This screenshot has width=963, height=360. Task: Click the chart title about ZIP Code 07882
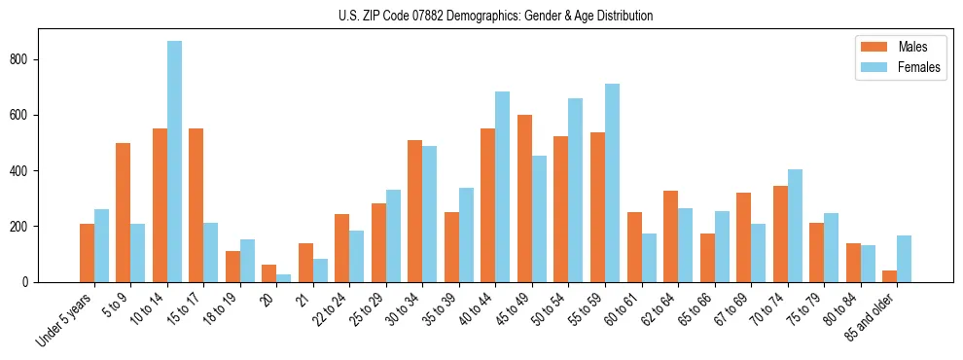tap(481, 16)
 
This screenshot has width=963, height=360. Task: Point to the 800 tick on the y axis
tap(26, 59)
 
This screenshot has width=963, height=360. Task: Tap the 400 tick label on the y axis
tap(26, 171)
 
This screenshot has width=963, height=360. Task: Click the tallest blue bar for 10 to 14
tap(174, 162)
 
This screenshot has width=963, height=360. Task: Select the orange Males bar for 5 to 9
tap(124, 212)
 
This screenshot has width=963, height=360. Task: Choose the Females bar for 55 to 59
tap(613, 183)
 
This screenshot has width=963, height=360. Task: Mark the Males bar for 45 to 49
tap(525, 198)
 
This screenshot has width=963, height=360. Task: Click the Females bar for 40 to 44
tap(503, 187)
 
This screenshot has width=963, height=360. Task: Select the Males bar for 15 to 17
tap(196, 205)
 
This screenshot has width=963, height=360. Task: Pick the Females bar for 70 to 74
tap(796, 226)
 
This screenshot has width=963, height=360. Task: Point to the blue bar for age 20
tap(284, 278)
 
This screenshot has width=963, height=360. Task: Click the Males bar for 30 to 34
tap(415, 211)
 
